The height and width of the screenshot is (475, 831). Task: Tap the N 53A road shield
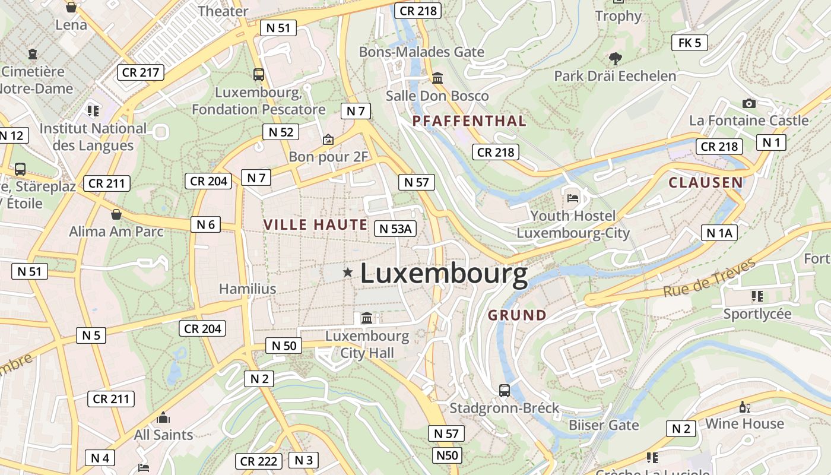point(395,229)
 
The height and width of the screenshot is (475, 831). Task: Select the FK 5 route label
point(690,42)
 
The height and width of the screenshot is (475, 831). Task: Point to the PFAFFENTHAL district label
point(469,121)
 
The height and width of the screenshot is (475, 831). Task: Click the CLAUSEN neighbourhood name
point(706,182)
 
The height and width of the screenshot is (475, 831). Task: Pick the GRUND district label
point(517,315)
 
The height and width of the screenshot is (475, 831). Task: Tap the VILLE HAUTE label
point(315,224)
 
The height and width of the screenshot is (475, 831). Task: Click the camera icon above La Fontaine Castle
point(749,103)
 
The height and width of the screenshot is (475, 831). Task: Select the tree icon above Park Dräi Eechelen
point(615,58)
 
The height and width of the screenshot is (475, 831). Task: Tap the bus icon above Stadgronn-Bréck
point(505,390)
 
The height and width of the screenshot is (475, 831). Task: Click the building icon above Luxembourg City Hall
point(367,318)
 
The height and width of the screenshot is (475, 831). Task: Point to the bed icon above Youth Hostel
point(573,197)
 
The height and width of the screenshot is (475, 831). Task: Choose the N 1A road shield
point(719,233)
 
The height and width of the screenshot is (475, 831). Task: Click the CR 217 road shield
point(140,72)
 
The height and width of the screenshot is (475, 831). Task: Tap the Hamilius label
point(248,289)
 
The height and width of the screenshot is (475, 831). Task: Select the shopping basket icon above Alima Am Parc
point(116,214)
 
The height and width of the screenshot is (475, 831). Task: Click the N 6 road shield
point(205,224)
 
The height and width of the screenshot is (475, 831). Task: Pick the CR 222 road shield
point(259,461)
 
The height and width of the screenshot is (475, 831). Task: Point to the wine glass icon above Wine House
point(744,407)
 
